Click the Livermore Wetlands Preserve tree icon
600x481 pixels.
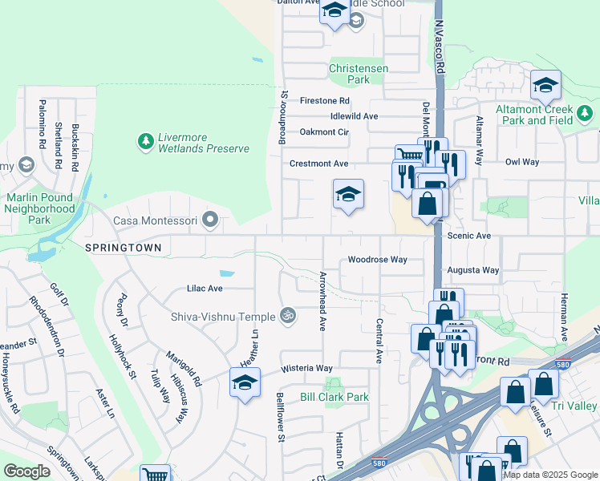tap(145, 142)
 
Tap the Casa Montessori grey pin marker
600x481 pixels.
tap(210, 219)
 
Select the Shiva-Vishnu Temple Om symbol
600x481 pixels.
tap(286, 316)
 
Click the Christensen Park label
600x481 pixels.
tap(359, 75)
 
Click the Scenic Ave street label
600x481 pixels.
tap(470, 236)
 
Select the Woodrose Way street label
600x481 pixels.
tap(377, 260)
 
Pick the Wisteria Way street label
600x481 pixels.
tap(306, 369)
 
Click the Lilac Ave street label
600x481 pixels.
tap(204, 288)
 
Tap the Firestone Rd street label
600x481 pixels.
tap(324, 101)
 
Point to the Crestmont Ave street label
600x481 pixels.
tap(318, 164)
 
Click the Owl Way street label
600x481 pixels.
tap(521, 162)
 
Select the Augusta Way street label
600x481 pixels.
tap(473, 271)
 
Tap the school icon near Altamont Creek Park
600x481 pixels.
tap(545, 84)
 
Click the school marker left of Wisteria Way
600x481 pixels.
tap(245, 382)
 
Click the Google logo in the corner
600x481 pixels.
tap(27, 471)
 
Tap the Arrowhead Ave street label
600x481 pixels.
tap(322, 312)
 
